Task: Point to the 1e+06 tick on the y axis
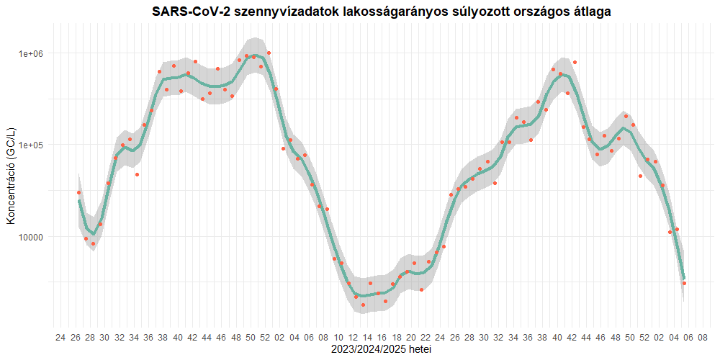point(30,54)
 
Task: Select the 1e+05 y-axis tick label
point(30,145)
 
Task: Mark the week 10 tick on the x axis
point(338,337)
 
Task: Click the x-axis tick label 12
point(353,337)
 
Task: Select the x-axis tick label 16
point(382,337)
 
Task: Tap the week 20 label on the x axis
point(411,337)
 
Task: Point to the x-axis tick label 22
point(426,337)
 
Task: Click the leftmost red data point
point(78,193)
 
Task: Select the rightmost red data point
point(684,284)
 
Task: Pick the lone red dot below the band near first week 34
point(137,175)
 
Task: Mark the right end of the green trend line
point(684,278)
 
